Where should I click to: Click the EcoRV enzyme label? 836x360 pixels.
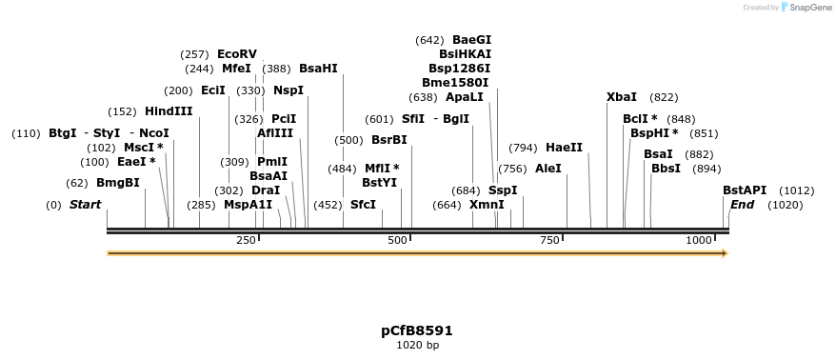point(237,54)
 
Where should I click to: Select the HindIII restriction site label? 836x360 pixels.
point(169,111)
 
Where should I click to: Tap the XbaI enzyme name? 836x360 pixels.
point(622,97)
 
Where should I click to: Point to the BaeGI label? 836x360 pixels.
point(471,40)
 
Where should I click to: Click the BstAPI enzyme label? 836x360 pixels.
point(744,190)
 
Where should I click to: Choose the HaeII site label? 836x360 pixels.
point(564,148)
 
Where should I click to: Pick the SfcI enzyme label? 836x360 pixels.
point(363,205)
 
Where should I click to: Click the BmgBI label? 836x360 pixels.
point(117,183)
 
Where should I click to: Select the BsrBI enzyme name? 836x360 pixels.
point(388,140)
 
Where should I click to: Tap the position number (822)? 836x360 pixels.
point(664,97)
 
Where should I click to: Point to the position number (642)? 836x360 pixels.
point(429,40)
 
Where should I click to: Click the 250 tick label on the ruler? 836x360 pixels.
point(244,240)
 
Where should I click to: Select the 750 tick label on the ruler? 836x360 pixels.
point(549,240)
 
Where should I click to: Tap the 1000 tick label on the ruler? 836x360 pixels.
point(699,240)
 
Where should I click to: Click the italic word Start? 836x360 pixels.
point(85,205)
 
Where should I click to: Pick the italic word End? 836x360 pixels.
point(742,205)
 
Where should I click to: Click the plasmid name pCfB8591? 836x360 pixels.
point(417,331)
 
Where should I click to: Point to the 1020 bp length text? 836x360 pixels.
point(417,345)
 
